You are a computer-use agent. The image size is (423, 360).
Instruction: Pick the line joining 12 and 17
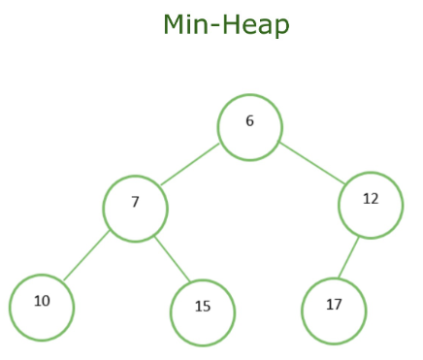tap(351, 258)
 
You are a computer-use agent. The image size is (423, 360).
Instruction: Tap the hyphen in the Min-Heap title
tap(219, 25)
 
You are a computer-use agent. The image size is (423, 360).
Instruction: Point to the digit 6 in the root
tap(249, 122)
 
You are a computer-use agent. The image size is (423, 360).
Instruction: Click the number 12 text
tap(371, 199)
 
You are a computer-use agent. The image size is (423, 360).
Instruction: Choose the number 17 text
tap(334, 305)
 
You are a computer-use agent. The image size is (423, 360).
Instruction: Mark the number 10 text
tap(42, 301)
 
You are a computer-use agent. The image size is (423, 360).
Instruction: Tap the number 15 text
tap(202, 307)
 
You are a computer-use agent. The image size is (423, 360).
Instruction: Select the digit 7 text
tap(136, 202)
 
